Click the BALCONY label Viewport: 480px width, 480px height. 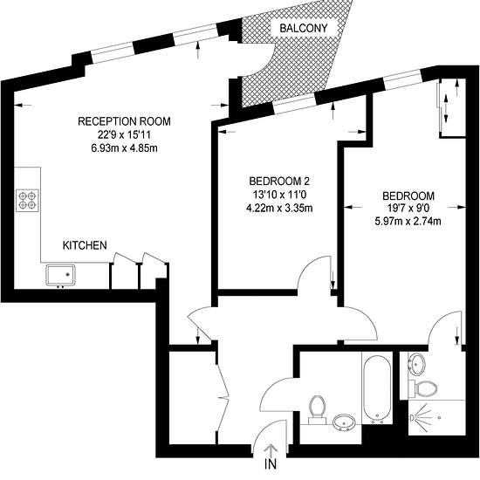304,28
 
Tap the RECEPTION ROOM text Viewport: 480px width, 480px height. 124,121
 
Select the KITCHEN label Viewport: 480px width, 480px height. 85,245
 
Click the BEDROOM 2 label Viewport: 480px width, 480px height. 279,182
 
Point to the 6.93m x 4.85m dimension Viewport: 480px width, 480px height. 124,148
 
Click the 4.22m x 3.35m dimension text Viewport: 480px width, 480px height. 279,209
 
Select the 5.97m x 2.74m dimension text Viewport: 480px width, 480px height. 408,221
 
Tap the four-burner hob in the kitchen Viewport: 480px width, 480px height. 27,201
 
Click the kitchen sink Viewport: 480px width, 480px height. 60,275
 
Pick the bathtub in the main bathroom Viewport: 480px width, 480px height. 377,387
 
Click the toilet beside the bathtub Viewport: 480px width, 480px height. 317,409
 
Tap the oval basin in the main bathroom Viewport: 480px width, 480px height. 344,422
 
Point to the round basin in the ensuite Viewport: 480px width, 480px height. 416,364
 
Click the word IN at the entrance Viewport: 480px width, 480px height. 271,464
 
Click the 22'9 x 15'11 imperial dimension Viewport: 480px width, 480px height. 124,134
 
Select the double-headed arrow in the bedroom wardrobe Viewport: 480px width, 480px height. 446,107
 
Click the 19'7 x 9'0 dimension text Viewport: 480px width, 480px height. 408,209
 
